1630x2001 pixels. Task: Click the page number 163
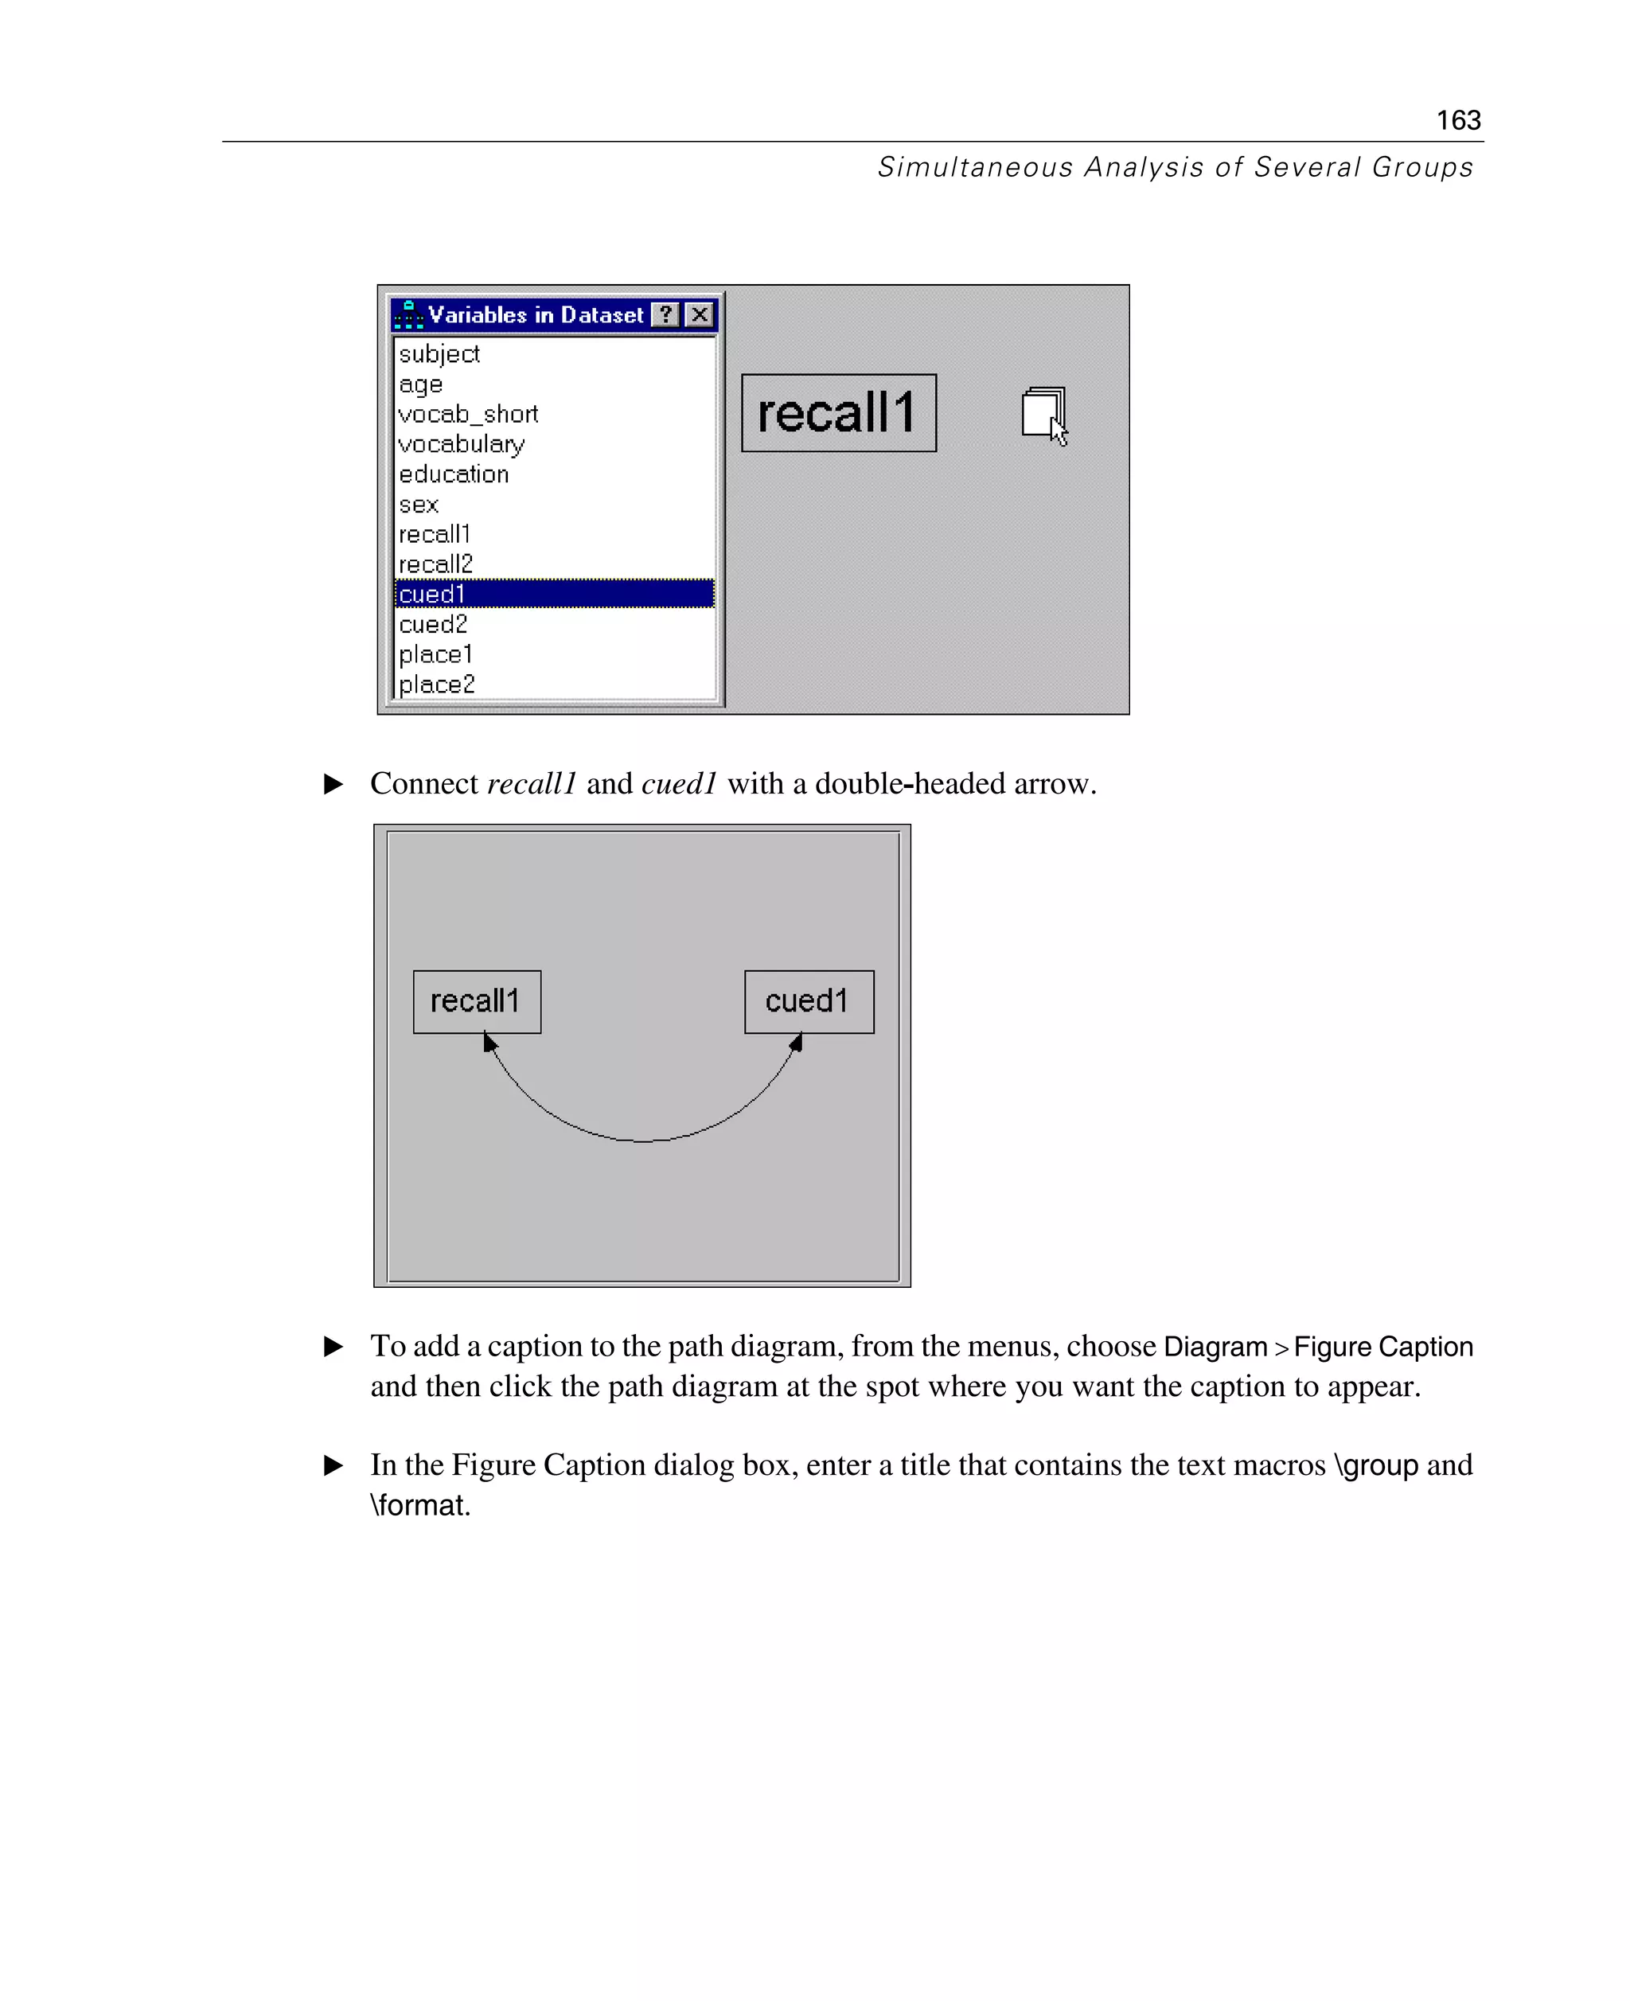click(x=1457, y=120)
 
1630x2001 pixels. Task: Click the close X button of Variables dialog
click(x=700, y=314)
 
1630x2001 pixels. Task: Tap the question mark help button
click(x=665, y=314)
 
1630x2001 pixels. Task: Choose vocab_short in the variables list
click(x=468, y=414)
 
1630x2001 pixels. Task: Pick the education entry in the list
click(x=454, y=474)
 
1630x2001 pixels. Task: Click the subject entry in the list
click(x=439, y=354)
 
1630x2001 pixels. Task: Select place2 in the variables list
click(x=437, y=685)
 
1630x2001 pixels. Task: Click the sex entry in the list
click(x=418, y=505)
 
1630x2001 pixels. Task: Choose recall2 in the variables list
click(x=435, y=564)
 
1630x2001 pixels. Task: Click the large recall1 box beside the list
click(x=837, y=413)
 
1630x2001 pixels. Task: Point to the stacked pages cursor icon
click(x=1043, y=413)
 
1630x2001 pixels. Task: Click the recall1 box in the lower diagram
click(x=476, y=1001)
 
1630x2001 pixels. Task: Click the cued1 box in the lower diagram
click(x=809, y=1001)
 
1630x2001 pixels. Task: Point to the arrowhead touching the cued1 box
click(x=796, y=1041)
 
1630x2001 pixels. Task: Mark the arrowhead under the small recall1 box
click(x=489, y=1041)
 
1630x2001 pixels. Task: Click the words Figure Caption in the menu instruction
click(x=1382, y=1346)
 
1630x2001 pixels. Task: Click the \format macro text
click(x=419, y=1504)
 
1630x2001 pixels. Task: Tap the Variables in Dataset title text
click(x=535, y=314)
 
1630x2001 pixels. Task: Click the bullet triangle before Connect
click(x=333, y=783)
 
